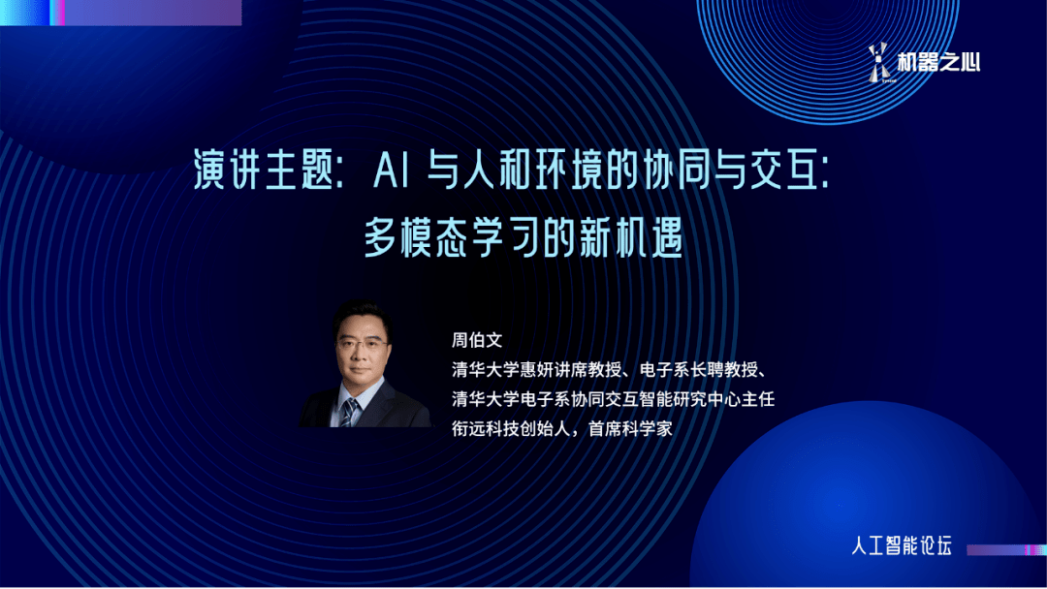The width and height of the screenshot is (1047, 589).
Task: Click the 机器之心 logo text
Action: pos(938,62)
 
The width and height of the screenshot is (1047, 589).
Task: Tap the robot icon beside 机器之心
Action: pos(879,63)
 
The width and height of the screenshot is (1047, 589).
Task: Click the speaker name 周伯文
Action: pos(477,340)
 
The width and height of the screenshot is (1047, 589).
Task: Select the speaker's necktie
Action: pos(349,413)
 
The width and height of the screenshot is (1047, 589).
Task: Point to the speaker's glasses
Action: pos(362,344)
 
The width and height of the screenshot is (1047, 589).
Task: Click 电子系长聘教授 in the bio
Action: pos(698,369)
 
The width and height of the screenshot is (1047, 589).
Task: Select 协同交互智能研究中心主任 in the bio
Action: pos(673,399)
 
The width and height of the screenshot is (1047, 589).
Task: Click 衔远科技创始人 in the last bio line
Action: pos(511,428)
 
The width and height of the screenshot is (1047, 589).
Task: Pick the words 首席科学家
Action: pos(630,428)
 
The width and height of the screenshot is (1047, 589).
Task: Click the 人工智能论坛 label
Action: pos(902,545)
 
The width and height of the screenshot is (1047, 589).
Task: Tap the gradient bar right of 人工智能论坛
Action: pos(1006,550)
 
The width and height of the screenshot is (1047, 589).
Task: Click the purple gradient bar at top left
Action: pos(121,13)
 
